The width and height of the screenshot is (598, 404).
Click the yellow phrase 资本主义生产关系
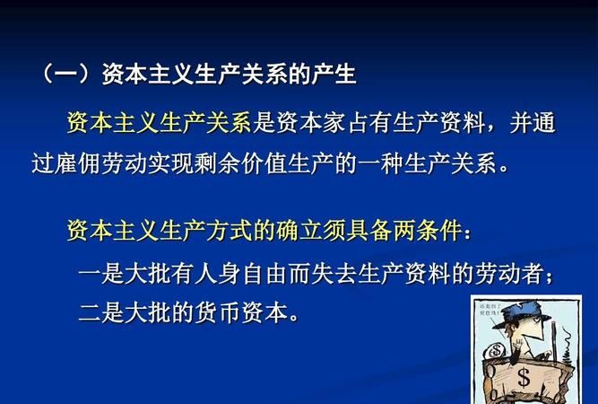click(160, 123)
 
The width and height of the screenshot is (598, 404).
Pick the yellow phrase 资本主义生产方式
click(160, 231)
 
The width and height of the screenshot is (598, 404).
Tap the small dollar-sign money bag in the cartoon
click(495, 349)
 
